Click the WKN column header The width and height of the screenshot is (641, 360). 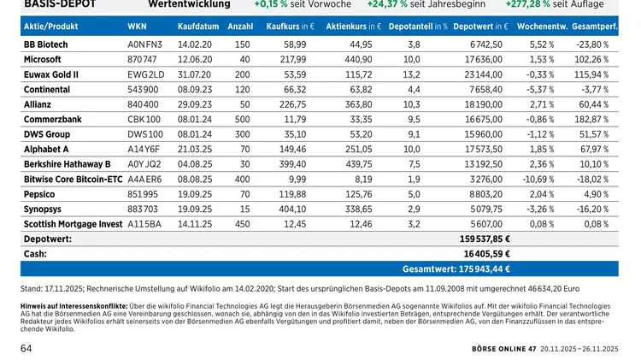pyautogui.click(x=137, y=27)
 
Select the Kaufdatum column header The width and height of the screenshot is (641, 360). pyautogui.click(x=196, y=27)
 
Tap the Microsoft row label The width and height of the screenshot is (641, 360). pyautogui.click(x=43, y=60)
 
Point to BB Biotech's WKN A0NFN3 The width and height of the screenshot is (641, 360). pyautogui.click(x=144, y=44)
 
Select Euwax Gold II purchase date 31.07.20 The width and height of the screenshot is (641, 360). pyautogui.click(x=196, y=74)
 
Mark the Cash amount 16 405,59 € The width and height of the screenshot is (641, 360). pyautogui.click(x=486, y=253)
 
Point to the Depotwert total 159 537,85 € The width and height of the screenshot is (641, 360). pyautogui.click(x=485, y=239)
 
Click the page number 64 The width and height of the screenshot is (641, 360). pyautogui.click(x=26, y=349)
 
